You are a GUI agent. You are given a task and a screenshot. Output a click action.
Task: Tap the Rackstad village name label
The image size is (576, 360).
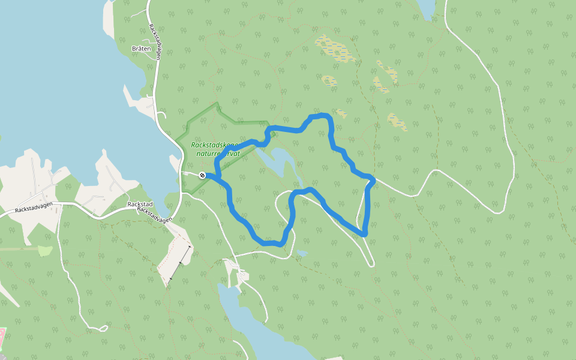point(140,204)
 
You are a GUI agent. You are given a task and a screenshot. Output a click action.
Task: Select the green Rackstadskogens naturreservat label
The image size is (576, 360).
point(215,149)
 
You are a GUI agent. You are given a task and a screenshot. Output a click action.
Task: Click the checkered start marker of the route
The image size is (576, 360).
point(203,175)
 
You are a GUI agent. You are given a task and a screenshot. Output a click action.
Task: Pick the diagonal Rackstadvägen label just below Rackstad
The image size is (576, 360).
point(154,215)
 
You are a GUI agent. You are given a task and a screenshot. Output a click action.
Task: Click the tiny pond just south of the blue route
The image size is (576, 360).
point(301,253)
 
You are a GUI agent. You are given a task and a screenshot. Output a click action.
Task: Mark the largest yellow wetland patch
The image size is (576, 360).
point(335,49)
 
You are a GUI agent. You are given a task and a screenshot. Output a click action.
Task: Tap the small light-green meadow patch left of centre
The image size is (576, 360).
point(45,251)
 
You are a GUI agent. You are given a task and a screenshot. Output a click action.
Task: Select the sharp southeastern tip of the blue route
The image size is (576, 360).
point(364,233)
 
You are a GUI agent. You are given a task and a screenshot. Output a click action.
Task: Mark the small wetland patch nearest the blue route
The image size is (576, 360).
point(341,112)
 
